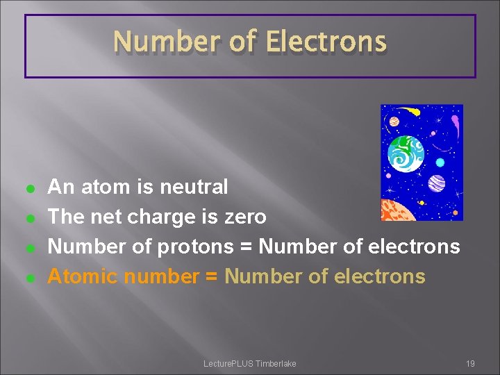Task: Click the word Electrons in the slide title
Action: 326,42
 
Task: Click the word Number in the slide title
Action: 165,42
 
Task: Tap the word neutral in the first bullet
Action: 194,187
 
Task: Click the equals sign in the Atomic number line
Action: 212,276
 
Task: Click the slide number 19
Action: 470,364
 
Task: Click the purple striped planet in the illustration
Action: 437,183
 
